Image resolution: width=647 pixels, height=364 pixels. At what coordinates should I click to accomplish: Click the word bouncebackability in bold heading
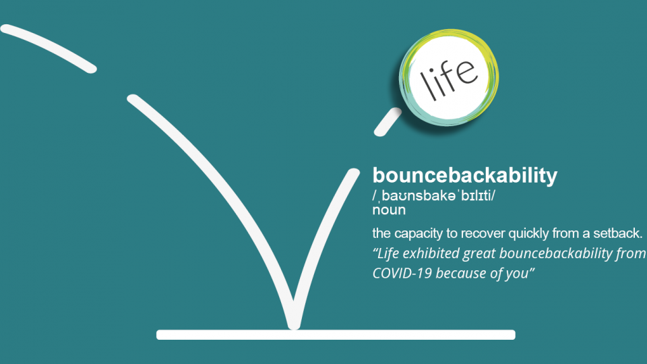pyautogui.click(x=465, y=176)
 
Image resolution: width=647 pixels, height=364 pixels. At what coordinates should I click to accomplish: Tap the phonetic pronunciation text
pyautogui.click(x=433, y=195)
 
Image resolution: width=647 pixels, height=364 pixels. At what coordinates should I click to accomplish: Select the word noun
pyautogui.click(x=389, y=210)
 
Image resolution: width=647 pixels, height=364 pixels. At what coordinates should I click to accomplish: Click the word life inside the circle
pyautogui.click(x=449, y=79)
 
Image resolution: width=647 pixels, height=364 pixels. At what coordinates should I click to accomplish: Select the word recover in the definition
pyautogui.click(x=483, y=234)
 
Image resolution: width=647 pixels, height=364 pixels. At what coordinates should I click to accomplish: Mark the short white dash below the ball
pyautogui.click(x=388, y=122)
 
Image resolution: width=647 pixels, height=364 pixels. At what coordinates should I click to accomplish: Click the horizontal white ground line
pyautogui.click(x=336, y=335)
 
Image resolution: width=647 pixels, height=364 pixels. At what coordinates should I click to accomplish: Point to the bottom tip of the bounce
pyautogui.click(x=294, y=326)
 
